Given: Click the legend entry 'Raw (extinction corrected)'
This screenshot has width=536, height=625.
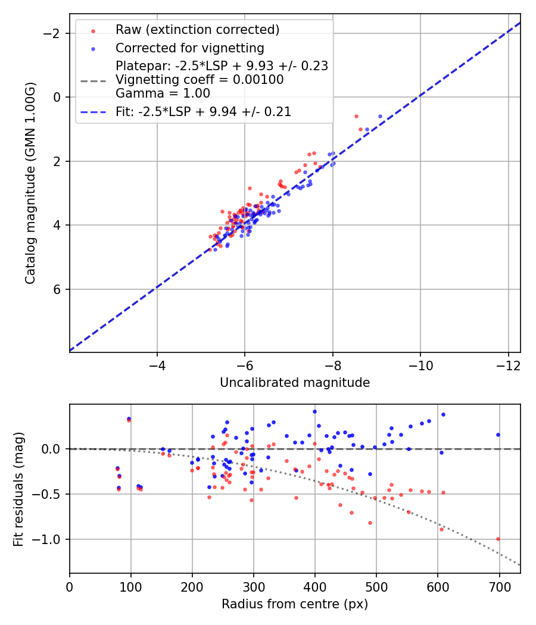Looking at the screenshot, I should point(197,30).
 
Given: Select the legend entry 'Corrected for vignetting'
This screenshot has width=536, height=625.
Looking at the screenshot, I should point(189,48).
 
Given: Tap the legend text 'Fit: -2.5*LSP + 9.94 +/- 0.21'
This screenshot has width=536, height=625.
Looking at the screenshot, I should point(203,111).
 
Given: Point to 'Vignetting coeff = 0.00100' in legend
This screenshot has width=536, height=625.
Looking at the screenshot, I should point(200,80).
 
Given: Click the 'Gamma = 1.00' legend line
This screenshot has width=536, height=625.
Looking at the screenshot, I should point(163,93).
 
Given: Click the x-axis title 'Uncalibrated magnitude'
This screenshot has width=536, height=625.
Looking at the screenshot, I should point(295,383).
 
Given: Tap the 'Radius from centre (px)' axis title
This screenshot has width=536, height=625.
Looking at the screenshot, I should point(295,604).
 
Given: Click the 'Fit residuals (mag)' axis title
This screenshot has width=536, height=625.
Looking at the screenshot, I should point(18,489).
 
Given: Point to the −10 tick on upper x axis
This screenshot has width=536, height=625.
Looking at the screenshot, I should point(420,362).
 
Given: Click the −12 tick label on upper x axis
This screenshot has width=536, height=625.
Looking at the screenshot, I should point(508,362).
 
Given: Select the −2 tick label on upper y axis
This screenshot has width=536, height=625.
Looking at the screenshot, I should point(54,33).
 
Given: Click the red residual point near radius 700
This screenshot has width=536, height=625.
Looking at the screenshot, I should point(498,539).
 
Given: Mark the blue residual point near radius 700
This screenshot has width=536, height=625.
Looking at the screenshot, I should point(498,435).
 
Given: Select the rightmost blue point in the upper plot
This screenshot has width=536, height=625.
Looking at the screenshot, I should point(380,116).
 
